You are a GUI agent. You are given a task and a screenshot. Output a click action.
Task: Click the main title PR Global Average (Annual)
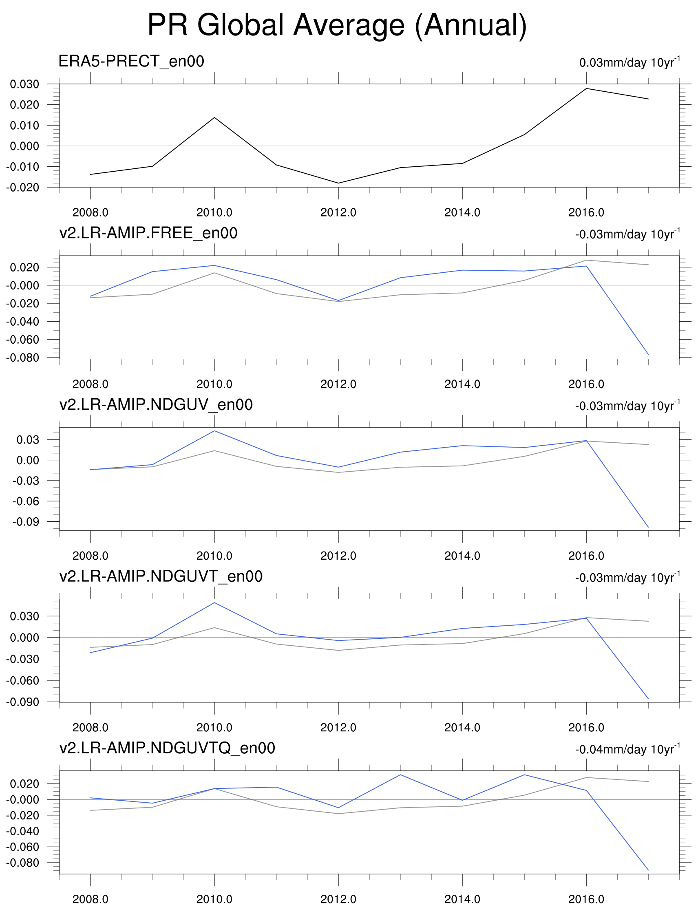click(337, 26)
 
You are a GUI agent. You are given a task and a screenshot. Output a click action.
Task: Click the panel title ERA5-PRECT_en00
click(131, 62)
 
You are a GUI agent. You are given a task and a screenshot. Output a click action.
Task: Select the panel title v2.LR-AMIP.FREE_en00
click(148, 233)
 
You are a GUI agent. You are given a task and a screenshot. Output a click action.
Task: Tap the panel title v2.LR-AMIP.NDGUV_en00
click(156, 405)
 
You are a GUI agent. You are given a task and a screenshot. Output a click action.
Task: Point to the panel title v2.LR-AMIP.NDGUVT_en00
click(161, 576)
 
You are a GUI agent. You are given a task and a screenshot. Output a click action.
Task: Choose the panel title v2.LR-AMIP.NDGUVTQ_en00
click(167, 748)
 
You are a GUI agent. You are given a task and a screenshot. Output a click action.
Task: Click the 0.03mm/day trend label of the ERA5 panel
click(629, 62)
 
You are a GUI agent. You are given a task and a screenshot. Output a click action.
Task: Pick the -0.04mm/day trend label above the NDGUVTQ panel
click(627, 749)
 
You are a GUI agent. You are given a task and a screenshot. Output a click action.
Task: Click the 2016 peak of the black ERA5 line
click(586, 88)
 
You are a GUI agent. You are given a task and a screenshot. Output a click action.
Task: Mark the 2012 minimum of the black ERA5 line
click(338, 183)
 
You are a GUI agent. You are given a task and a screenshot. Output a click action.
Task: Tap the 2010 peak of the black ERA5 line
click(214, 117)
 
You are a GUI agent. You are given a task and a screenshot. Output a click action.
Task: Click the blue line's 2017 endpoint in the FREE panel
click(648, 354)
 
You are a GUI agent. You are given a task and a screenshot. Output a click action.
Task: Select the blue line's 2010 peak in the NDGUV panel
click(214, 431)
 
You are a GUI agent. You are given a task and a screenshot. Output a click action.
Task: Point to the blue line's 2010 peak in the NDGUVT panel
click(214, 603)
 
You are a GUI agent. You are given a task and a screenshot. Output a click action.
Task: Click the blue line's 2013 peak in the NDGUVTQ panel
click(400, 775)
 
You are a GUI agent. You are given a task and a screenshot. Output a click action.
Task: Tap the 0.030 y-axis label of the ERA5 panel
click(24, 84)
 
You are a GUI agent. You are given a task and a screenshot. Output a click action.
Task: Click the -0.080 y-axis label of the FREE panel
click(23, 358)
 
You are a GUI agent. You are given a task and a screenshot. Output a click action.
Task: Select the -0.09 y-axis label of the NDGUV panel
click(26, 522)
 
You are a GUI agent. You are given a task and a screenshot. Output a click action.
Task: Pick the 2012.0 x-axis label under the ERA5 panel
click(338, 213)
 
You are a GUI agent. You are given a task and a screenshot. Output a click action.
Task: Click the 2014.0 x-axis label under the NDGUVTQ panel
click(462, 899)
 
